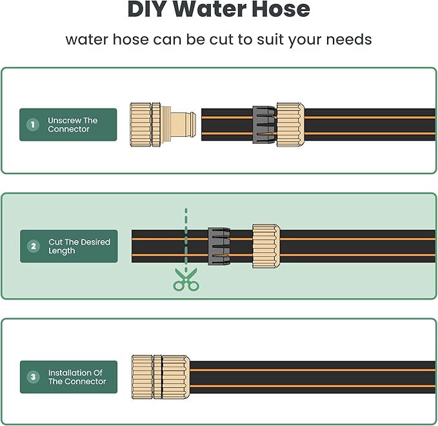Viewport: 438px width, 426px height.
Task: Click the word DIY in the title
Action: click(150, 10)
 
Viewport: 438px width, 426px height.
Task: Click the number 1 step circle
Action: click(32, 125)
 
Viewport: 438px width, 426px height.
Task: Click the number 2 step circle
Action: click(34, 246)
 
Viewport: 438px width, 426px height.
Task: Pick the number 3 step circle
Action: click(33, 377)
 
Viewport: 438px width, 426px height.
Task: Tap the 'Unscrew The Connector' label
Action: click(72, 125)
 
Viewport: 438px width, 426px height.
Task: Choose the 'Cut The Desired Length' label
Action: click(79, 246)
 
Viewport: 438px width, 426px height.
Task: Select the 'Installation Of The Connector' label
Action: click(77, 377)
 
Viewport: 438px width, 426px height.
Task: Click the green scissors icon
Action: click(186, 282)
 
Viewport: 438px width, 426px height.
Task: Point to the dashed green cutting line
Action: click(186, 239)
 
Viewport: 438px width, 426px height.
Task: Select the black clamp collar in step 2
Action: click(219, 246)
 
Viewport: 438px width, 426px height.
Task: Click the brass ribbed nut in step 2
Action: click(266, 246)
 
